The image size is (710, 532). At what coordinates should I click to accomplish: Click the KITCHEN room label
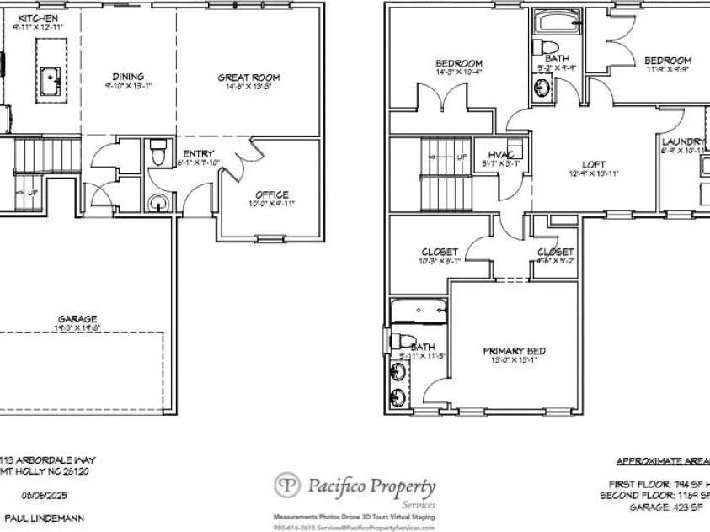pos(38,18)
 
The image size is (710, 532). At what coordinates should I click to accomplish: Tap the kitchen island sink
pos(52,81)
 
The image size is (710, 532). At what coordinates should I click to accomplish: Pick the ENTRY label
pos(199,153)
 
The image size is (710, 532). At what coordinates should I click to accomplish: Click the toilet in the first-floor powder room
pos(157,154)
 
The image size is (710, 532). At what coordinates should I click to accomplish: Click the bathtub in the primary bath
pos(418,311)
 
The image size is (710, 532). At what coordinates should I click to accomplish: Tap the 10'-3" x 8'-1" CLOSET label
pos(440,252)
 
